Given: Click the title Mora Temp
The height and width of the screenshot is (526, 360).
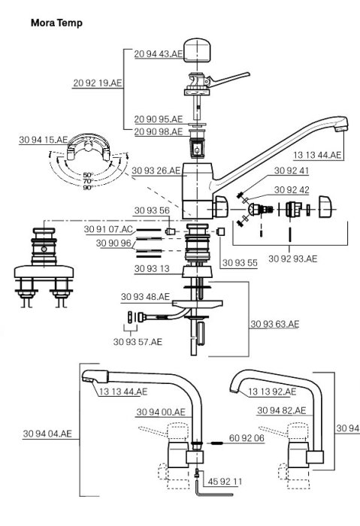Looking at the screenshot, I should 56,23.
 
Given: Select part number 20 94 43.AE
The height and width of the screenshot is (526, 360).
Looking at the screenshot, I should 158,54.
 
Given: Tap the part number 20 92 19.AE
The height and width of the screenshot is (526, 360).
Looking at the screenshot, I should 98,83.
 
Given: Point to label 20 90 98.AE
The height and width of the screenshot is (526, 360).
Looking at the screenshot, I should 158,131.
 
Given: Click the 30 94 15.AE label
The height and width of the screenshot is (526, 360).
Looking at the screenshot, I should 45,141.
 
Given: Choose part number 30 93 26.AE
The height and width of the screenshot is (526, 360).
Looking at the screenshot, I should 156,171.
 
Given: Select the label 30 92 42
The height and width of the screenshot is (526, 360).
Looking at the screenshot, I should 273,189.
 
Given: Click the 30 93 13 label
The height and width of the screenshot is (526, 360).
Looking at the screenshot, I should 153,268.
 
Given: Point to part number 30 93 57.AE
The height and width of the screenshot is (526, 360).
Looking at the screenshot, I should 138,343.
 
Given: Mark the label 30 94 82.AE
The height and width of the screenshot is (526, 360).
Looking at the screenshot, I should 281,410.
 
